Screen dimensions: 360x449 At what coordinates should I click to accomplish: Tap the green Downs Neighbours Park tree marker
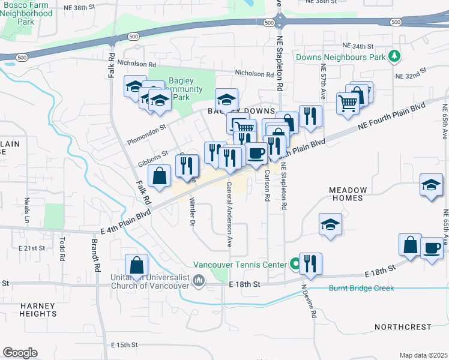click(394, 57)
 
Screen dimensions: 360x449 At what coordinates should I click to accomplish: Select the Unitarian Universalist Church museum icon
click(199, 280)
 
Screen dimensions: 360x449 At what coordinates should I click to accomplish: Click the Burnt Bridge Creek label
click(361, 288)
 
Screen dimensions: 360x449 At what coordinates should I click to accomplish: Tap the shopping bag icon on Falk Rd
click(159, 176)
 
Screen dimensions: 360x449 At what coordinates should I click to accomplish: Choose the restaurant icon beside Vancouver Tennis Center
click(310, 263)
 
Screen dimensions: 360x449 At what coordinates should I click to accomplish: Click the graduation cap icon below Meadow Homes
click(330, 224)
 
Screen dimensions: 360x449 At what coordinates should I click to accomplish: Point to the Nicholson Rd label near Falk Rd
click(137, 63)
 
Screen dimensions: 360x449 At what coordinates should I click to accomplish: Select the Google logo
click(20, 353)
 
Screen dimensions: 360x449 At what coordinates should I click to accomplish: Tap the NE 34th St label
click(358, 46)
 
